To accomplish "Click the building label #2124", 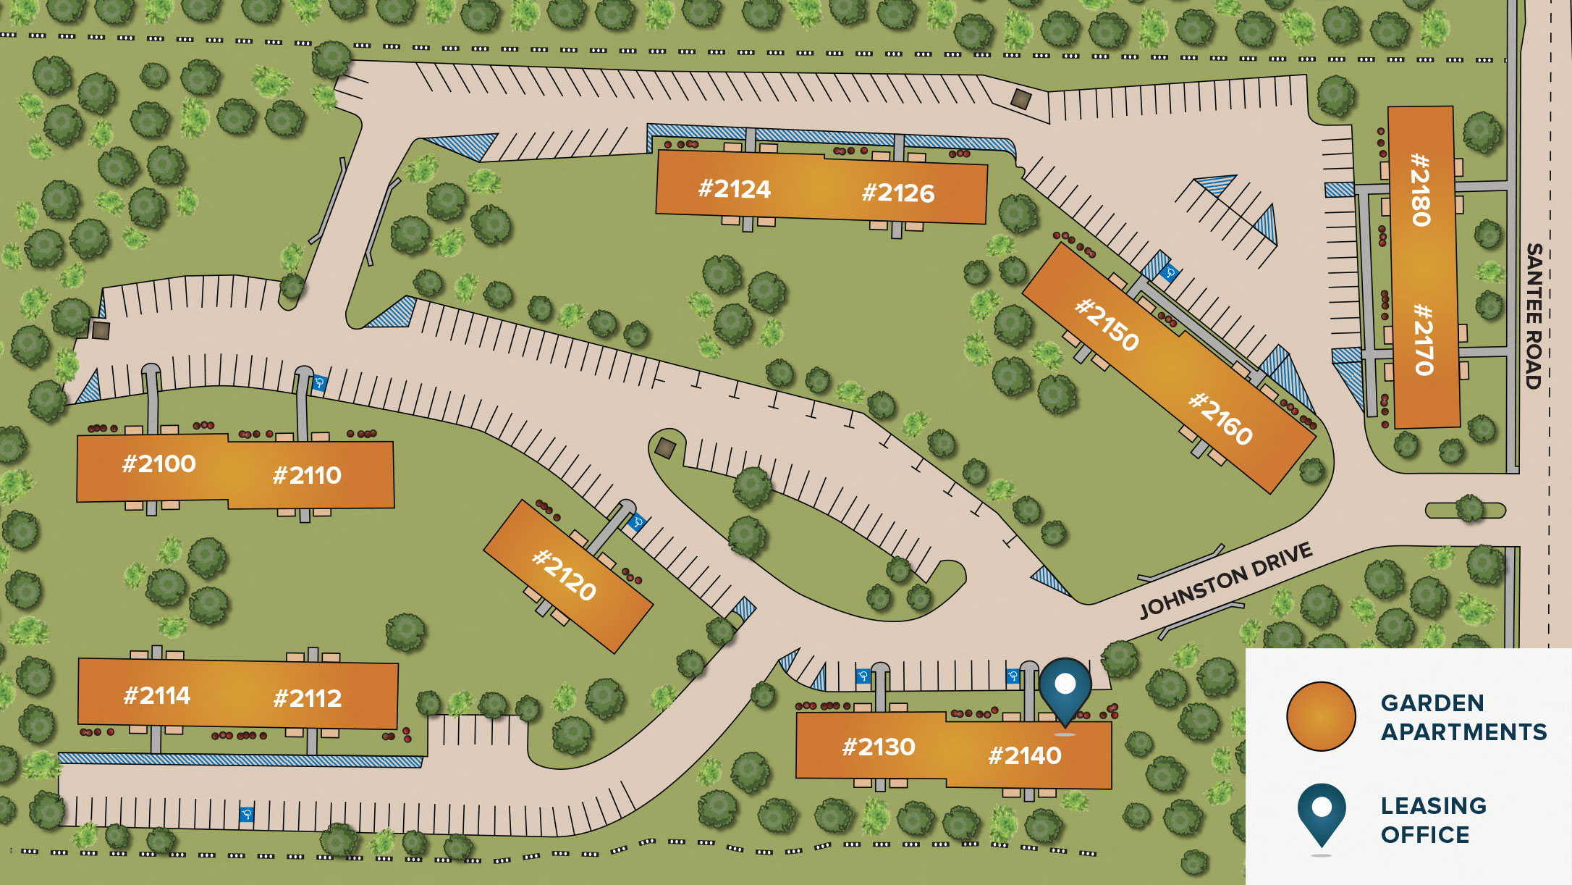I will (734, 189).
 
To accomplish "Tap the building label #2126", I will (898, 193).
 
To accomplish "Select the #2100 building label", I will (159, 464).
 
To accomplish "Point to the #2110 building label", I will (307, 475).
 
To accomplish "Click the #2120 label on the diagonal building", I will (565, 575).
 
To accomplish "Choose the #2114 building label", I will (157, 696).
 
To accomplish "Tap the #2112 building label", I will (308, 698).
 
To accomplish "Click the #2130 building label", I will (879, 747).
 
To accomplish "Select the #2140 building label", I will (1025, 755).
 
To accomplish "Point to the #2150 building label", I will (1107, 324).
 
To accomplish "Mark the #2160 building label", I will (1221, 419).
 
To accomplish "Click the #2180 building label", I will (1421, 190).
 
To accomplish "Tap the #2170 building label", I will (1424, 339).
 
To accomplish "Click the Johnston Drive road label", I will (1226, 581).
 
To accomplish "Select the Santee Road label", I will (1534, 316).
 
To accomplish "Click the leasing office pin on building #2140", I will (1065, 688).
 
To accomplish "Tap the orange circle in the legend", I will (1321, 716).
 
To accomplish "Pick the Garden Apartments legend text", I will (1463, 717).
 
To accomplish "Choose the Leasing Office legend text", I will (1433, 820).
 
